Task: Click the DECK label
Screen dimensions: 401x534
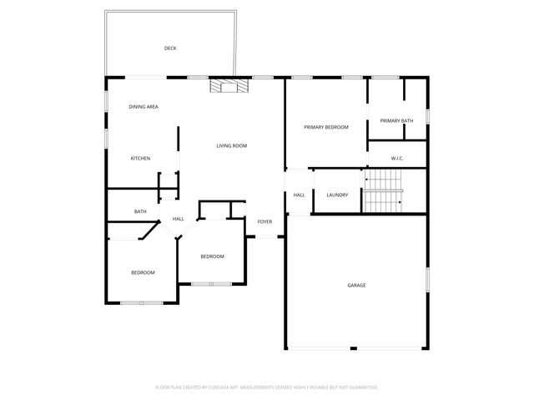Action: (x=170, y=48)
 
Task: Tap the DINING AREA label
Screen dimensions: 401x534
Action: (x=144, y=107)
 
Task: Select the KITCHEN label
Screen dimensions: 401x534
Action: (x=140, y=159)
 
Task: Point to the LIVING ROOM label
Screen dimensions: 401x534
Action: (x=232, y=146)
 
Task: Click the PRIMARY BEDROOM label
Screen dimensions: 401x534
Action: (x=325, y=127)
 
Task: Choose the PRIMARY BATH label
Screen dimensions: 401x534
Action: (x=396, y=121)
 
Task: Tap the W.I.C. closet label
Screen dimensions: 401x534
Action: (x=397, y=158)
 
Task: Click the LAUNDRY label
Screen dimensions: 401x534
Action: (x=337, y=195)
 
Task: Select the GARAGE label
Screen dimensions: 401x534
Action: (x=356, y=286)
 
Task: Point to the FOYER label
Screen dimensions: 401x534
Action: (x=264, y=221)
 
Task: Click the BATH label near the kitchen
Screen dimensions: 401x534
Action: (x=140, y=211)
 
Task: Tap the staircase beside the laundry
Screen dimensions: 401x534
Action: (x=383, y=190)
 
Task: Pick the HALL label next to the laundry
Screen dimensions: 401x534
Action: (x=299, y=195)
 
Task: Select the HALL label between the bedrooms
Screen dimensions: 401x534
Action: (x=179, y=219)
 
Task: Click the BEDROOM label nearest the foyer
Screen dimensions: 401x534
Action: (x=212, y=256)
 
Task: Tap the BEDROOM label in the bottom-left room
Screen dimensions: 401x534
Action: (x=143, y=273)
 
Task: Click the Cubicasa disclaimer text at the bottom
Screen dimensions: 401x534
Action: (x=267, y=388)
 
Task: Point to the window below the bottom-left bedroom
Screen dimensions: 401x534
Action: (x=140, y=302)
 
